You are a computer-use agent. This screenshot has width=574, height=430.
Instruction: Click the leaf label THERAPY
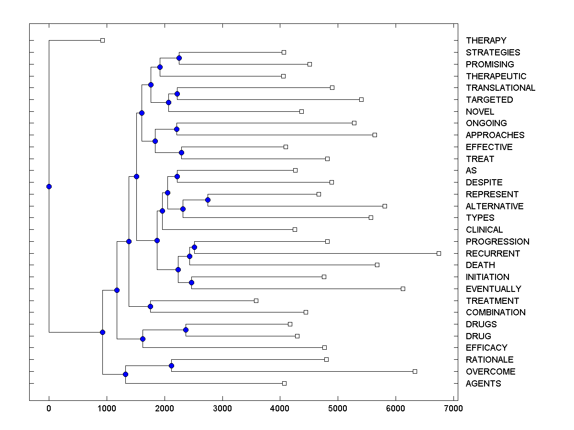(x=486, y=41)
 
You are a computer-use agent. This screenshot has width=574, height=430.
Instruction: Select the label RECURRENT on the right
(x=493, y=253)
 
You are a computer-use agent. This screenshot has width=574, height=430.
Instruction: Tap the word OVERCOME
(x=490, y=372)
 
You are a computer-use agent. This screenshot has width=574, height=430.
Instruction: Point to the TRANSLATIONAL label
(x=500, y=88)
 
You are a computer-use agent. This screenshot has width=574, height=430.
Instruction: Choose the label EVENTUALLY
(x=493, y=289)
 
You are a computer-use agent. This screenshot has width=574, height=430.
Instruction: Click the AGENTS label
(x=483, y=383)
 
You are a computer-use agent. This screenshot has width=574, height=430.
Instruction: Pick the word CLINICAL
(x=484, y=230)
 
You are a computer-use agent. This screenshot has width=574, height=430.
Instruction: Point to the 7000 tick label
(x=453, y=408)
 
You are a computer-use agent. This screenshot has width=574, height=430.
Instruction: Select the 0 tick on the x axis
(x=49, y=408)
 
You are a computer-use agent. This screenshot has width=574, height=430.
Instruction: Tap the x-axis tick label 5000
(x=338, y=408)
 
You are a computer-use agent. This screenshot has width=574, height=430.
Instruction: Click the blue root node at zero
(x=49, y=186)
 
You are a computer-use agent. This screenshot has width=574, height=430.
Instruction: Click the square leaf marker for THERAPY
(x=102, y=40)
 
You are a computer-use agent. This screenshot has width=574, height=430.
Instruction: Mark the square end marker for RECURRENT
(x=439, y=253)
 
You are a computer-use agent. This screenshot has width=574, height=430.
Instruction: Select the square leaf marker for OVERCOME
(x=415, y=371)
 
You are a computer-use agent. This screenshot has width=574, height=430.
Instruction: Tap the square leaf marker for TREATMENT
(x=256, y=301)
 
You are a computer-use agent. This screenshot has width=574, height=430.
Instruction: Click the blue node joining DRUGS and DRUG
(x=186, y=330)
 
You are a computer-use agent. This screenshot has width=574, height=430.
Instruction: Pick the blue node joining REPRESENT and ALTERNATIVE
(x=208, y=200)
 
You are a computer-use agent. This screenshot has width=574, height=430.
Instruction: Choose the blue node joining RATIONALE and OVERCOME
(x=171, y=365)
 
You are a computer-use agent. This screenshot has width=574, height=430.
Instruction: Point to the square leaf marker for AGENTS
(x=284, y=383)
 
